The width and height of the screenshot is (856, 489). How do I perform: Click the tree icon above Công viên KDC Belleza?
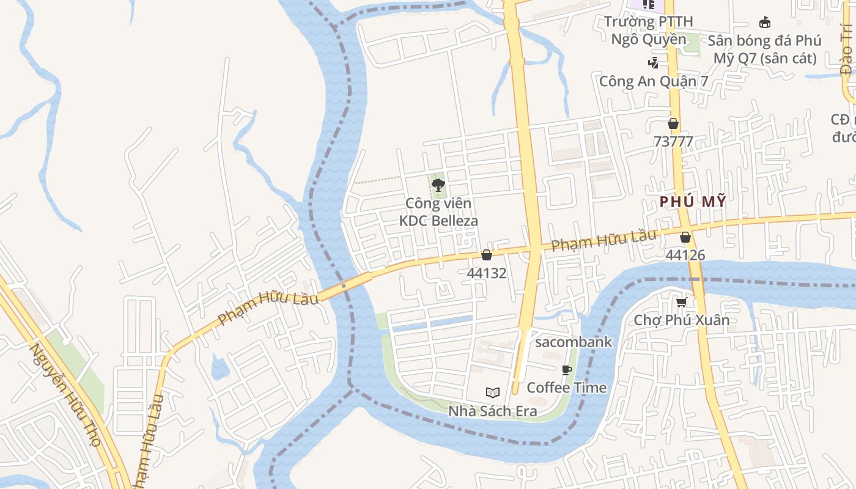438,185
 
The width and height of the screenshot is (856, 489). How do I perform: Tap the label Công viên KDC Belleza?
438,211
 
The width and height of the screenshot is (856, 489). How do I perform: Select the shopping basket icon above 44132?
487,255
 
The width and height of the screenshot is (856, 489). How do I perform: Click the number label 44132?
487,273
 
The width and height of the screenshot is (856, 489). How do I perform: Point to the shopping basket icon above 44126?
685,237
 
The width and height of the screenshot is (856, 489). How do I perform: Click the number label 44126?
685,255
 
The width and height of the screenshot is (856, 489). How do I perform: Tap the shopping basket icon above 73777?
673,123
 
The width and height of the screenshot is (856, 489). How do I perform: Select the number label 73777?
673,142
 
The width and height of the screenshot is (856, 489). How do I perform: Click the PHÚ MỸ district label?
693,202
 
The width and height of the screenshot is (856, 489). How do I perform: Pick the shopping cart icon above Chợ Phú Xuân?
681,302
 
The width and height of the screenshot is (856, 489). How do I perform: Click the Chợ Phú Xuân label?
682,320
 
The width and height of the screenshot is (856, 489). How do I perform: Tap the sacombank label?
574,342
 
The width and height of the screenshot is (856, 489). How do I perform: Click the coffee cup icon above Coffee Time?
567,369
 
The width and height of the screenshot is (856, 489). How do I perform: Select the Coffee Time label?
567,387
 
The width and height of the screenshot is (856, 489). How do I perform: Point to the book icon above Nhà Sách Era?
493,392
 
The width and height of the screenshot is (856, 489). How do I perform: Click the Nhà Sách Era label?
493,411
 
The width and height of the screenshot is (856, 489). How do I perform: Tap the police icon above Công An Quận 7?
653,62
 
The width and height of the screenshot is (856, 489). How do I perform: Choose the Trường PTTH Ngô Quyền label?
649,31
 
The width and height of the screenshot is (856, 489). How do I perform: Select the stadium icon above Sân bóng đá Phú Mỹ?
764,23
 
